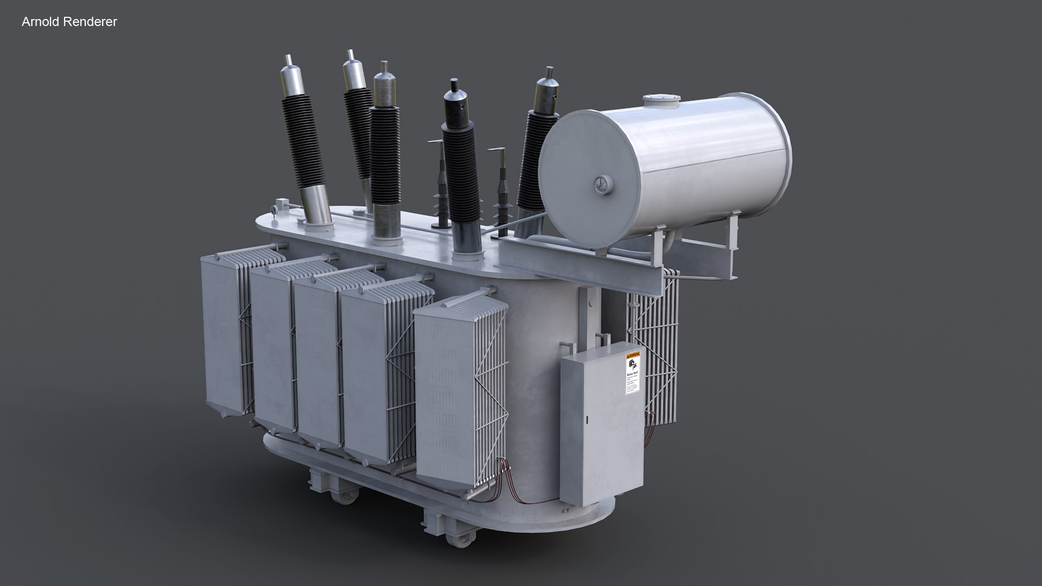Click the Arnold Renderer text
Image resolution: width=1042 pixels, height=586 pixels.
69,22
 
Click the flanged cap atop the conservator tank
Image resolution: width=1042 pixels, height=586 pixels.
661,100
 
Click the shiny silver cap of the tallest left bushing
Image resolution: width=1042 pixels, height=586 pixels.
292,76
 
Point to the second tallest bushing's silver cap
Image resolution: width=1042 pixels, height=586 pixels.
354,71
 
